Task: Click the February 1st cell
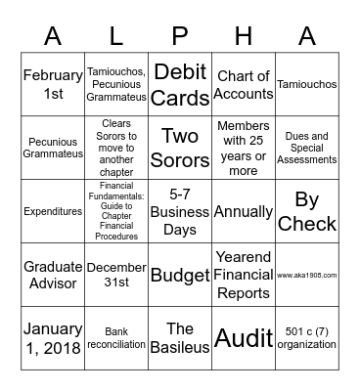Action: coord(53,84)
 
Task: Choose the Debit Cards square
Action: coord(180,84)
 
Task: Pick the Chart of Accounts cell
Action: coord(243,84)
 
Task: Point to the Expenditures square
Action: coord(53,210)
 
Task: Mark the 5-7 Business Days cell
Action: coord(180,210)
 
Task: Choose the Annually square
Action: coord(243,210)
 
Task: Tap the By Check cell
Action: coord(306,210)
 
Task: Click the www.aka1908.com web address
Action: coord(306,275)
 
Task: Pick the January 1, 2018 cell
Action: coord(53,337)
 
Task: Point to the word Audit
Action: coord(243,337)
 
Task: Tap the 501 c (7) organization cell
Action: coord(306,337)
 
